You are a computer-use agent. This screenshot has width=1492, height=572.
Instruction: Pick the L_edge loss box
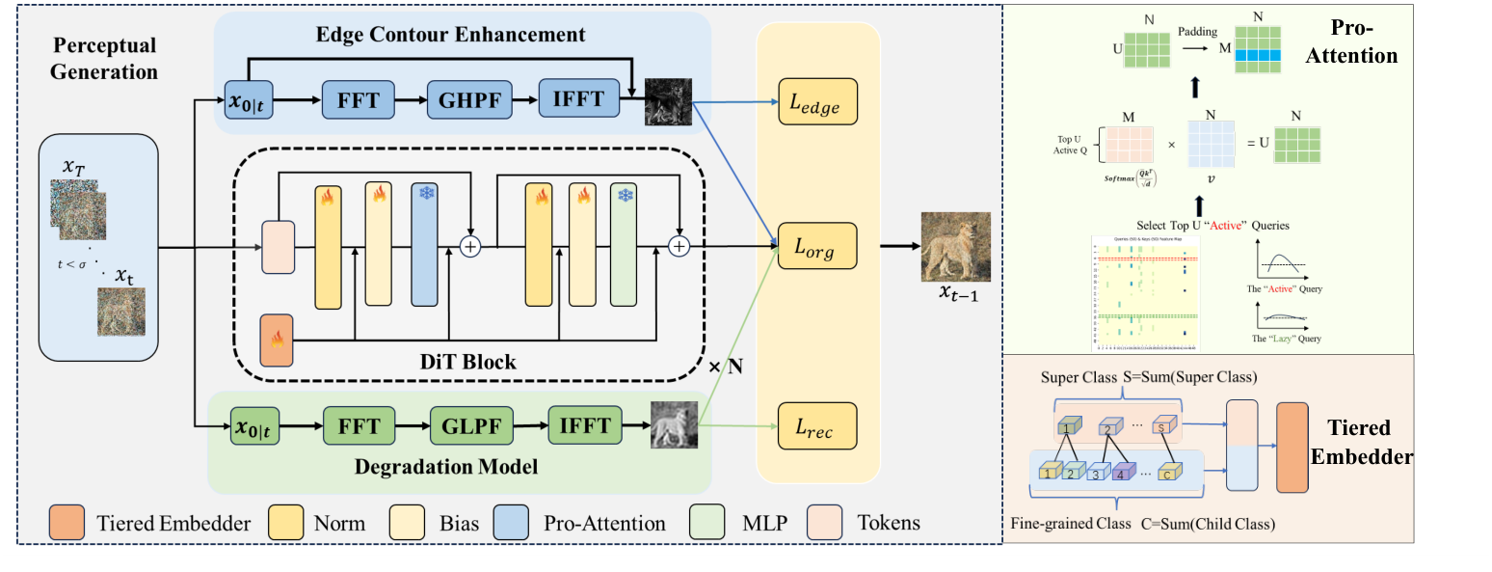818,102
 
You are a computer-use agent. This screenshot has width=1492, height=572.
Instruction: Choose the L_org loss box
818,247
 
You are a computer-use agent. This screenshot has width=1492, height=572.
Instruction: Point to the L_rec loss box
818,425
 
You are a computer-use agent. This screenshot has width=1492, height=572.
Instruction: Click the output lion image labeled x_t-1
955,246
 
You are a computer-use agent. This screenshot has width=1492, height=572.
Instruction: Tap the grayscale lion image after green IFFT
674,424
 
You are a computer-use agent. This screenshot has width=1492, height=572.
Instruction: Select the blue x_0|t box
249,99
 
